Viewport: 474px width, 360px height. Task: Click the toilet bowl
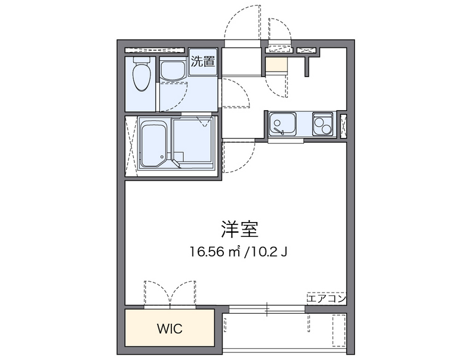tap(142, 77)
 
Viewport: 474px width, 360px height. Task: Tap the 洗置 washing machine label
tap(203, 62)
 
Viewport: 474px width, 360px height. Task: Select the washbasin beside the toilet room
tap(172, 70)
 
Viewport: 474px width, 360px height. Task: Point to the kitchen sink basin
tap(278, 124)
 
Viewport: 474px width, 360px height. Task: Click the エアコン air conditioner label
tap(326, 298)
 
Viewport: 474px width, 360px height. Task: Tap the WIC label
tap(169, 328)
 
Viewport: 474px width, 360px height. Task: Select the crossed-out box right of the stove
tap(344, 125)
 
